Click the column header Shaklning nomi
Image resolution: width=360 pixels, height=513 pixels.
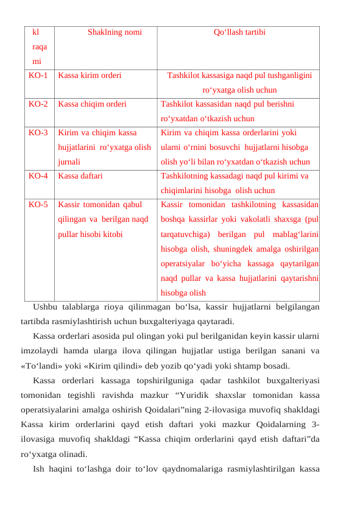tap(115, 32)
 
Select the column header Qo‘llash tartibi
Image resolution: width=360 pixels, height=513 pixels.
tap(239, 32)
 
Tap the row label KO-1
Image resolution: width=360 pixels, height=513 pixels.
tap(38, 76)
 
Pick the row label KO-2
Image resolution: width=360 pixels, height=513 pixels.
tap(38, 104)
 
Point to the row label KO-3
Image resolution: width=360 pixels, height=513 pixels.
tap(38, 132)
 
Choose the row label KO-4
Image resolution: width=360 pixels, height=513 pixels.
tap(38, 176)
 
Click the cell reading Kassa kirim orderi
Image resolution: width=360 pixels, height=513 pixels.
tap(90, 76)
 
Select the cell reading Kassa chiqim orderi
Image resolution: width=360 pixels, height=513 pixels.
tap(92, 104)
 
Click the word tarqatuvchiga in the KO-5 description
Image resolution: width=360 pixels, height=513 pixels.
tap(185, 233)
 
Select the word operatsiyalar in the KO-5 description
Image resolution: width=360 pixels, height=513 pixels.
tap(184, 263)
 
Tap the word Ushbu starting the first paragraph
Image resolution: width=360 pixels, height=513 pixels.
tap(44, 306)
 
